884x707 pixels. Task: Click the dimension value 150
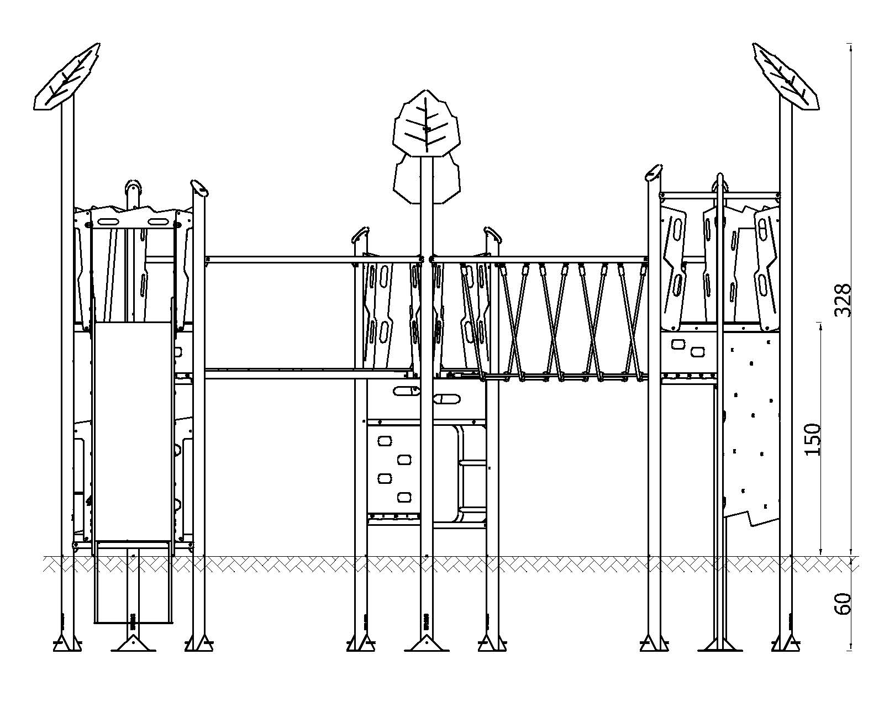[813, 440]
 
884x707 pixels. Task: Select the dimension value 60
[843, 604]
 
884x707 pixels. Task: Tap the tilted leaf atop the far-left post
[66, 77]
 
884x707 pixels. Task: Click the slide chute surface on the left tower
[133, 431]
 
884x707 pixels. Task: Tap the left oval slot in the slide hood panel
[107, 222]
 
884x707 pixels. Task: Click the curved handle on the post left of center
[360, 233]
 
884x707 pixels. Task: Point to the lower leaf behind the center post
[427, 180]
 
